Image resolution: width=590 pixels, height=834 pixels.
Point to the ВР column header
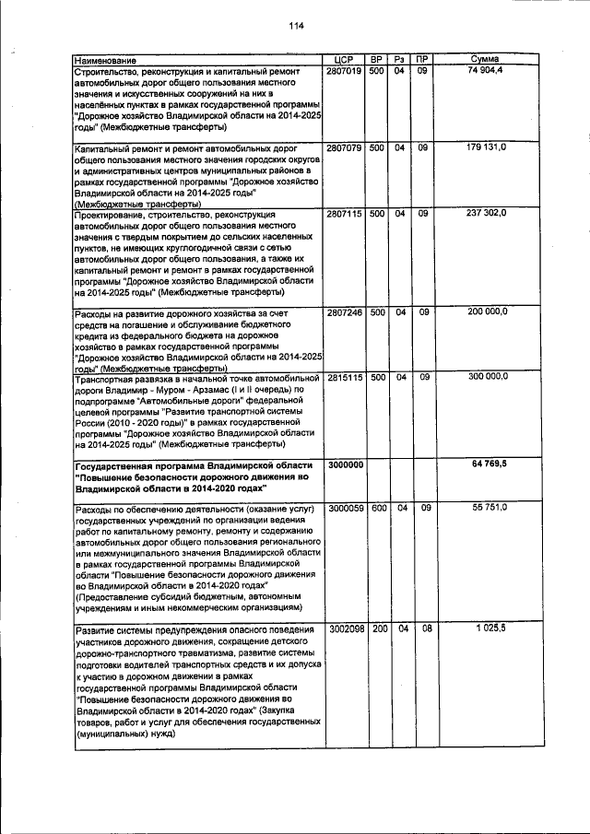[x=376, y=60]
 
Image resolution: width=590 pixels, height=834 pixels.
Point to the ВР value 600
[x=376, y=508]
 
